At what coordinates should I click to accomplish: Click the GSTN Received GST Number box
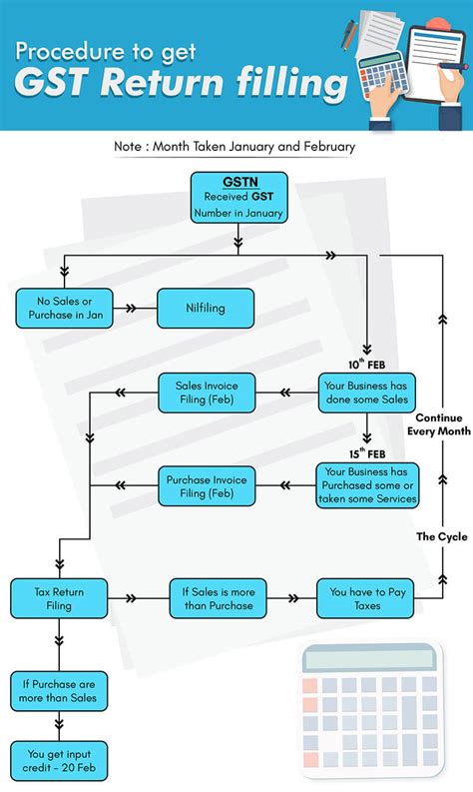tap(236, 198)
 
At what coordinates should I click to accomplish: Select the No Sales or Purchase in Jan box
tap(65, 308)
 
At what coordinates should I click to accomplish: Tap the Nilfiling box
tap(206, 308)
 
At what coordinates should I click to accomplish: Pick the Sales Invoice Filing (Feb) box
tap(206, 392)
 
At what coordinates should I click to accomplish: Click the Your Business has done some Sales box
tap(368, 392)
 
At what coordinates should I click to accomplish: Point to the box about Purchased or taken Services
tap(368, 484)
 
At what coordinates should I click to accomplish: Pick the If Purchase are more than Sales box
tap(59, 689)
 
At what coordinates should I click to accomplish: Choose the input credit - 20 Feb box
tap(59, 760)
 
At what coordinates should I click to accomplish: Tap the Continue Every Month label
tap(439, 424)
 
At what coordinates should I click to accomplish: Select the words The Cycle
tap(441, 537)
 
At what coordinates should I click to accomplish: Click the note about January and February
tap(236, 146)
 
